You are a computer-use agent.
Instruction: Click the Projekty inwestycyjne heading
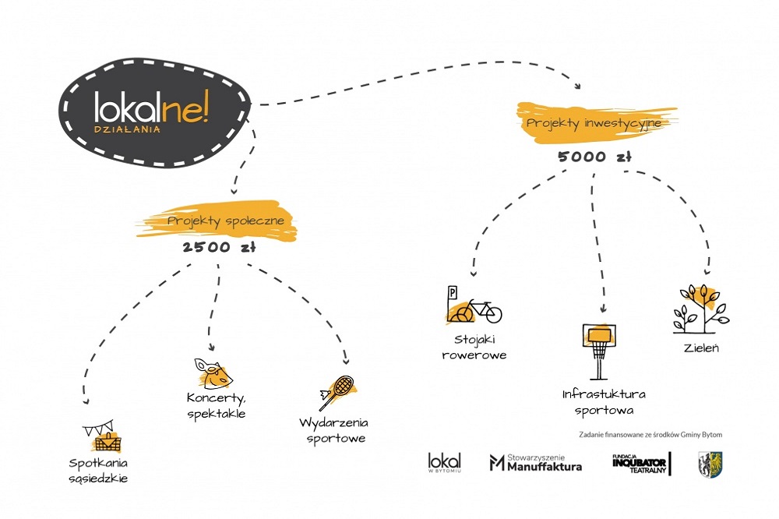tap(594, 123)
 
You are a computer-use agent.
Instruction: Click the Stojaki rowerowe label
tap(481, 348)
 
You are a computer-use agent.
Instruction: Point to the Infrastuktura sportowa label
tap(604, 401)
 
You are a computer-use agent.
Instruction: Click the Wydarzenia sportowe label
tap(333, 430)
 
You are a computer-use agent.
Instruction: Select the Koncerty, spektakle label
tap(217, 405)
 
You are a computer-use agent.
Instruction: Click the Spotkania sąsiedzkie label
tap(97, 472)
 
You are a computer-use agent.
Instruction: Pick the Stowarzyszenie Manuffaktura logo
tap(535, 463)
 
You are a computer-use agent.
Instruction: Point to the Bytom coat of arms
tap(710, 464)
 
